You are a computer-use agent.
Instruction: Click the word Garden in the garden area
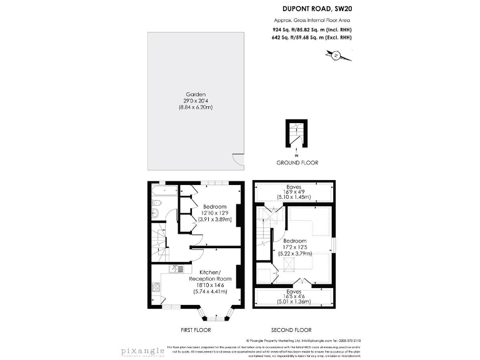pyautogui.click(x=196, y=94)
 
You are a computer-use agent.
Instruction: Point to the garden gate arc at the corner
pyautogui.click(x=236, y=160)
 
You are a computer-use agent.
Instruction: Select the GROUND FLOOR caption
pyautogui.click(x=297, y=162)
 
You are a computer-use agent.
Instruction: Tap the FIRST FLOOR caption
pyautogui.click(x=195, y=330)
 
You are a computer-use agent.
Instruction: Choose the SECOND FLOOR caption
pyautogui.click(x=291, y=330)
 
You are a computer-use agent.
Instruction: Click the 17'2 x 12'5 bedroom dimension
pyautogui.click(x=295, y=247)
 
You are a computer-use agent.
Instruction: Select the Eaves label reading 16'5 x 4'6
pyautogui.click(x=294, y=297)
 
